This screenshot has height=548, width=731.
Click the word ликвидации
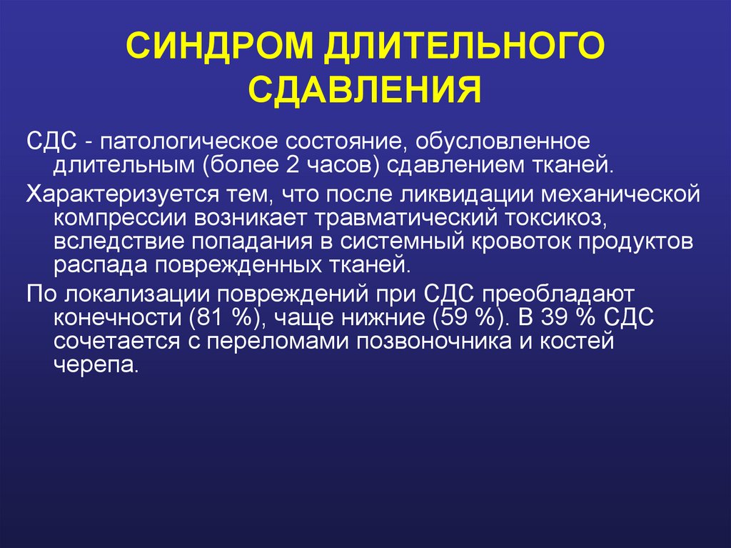click(463, 194)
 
